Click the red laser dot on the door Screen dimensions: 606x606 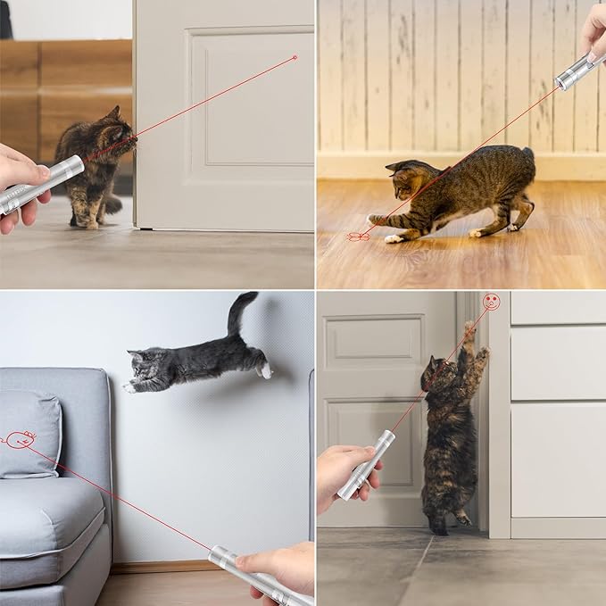(295, 57)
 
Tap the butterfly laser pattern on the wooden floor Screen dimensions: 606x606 (358, 237)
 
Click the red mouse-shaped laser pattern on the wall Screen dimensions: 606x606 (21, 438)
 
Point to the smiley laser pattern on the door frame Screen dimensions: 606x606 (490, 302)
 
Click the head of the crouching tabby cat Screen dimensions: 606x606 (405, 183)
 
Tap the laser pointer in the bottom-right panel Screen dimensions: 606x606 (366, 464)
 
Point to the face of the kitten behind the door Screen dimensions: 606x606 (117, 138)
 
